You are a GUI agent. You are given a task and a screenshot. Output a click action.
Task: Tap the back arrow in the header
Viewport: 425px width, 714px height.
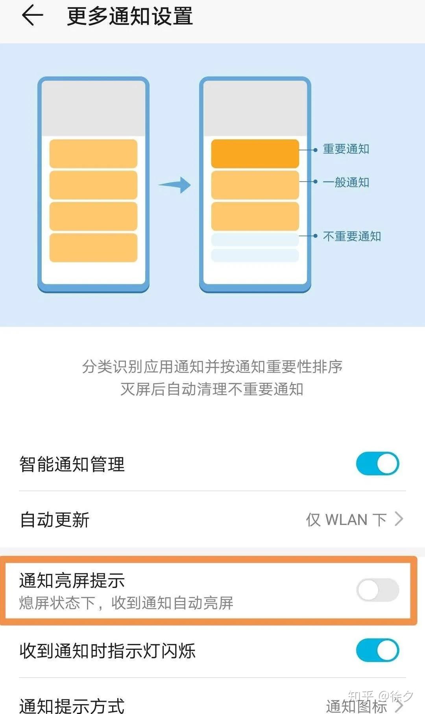point(32,16)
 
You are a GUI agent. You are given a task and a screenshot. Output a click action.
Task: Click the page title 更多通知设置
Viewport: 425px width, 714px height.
point(130,17)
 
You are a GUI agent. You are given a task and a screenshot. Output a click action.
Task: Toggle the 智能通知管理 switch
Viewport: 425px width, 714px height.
point(377,464)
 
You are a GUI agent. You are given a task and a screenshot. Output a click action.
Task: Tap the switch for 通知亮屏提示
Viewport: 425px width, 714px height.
point(377,590)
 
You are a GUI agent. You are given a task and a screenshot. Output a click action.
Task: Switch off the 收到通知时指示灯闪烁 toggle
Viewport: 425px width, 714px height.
point(377,650)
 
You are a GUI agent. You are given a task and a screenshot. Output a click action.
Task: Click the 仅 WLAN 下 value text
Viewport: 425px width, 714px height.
point(346,519)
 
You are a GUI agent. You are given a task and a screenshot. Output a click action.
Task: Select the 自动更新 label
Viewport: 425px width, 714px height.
point(55,519)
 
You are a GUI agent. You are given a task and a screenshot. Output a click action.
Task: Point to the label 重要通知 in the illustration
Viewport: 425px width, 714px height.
point(346,149)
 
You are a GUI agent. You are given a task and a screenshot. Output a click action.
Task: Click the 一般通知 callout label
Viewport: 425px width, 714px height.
point(346,182)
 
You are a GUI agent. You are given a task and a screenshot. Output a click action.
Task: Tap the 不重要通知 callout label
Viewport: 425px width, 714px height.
point(352,236)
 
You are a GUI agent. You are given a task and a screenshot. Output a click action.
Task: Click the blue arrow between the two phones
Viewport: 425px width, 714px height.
point(174,185)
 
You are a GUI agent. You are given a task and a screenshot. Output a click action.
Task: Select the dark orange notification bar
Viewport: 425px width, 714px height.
point(255,154)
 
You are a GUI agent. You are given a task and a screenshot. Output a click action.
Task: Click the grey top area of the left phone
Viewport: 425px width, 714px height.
point(93,108)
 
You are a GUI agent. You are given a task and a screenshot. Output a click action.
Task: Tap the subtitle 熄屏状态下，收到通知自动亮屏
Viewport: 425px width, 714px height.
point(126,603)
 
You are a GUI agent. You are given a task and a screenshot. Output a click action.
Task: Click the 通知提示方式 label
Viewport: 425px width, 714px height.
point(72,705)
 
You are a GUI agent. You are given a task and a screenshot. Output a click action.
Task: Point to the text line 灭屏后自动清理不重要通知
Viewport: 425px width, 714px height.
point(212,389)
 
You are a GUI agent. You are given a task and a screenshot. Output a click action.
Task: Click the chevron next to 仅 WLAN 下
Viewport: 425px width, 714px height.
point(399,519)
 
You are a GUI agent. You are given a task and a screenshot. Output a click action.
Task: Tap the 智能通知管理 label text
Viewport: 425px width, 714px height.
point(72,464)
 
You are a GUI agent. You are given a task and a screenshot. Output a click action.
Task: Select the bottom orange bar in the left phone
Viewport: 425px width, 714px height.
point(93,248)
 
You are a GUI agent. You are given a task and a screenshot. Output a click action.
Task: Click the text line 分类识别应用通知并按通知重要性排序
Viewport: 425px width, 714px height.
point(212,367)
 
